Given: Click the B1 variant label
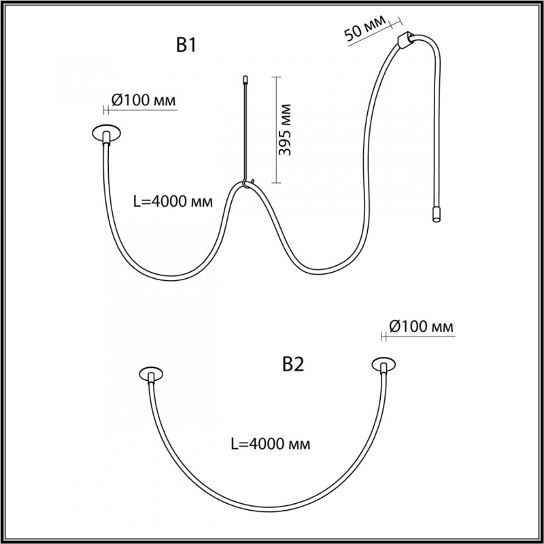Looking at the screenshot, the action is pos(186,45).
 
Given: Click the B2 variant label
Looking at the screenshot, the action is pos(293,364).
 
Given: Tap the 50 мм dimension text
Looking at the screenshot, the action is pos(365,27).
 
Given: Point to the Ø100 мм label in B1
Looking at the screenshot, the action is pos(143,100).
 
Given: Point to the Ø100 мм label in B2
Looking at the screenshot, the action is pos(421,326).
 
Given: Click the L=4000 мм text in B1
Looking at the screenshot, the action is pos(173,201).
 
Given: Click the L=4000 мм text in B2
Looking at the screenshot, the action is pos(271,444).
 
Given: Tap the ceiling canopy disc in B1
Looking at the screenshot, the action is pos(107,132).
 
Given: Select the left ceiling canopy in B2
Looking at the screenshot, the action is pos(151,374).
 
